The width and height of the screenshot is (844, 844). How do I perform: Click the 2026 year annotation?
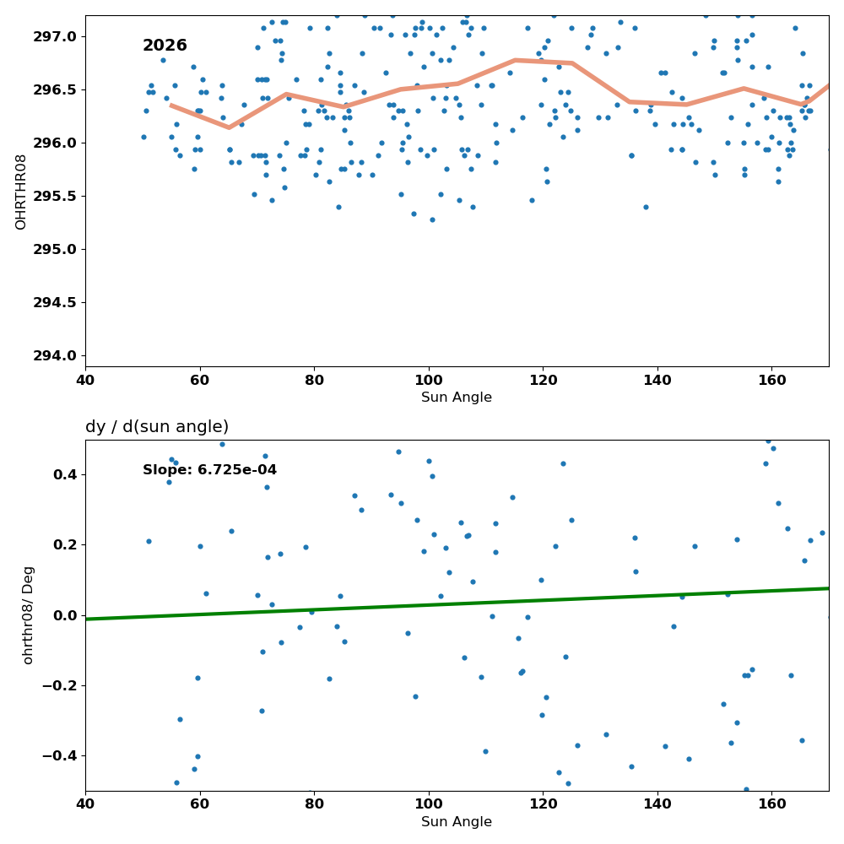point(165,46)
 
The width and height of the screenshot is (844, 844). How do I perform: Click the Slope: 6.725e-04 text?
point(209,470)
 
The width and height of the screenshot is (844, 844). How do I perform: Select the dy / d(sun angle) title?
point(157,427)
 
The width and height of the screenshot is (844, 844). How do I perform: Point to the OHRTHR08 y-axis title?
point(20,192)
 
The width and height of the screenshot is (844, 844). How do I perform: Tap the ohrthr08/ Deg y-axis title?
point(28,615)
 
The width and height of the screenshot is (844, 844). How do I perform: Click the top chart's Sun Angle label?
point(457,398)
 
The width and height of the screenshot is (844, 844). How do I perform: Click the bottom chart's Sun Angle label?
point(457,822)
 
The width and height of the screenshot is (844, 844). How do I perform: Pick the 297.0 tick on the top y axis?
point(55,36)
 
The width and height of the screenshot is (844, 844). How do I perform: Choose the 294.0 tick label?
point(55,356)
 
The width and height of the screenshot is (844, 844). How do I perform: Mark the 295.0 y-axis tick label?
point(55,249)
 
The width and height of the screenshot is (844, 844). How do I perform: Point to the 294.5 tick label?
point(55,302)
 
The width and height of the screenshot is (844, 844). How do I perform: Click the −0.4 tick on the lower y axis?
point(59,756)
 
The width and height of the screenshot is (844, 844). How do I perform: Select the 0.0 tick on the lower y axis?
point(66,616)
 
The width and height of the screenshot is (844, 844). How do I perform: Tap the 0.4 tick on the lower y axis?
point(66,474)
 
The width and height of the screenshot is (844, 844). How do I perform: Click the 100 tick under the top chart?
point(429,381)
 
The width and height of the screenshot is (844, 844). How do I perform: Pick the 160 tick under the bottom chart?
point(772,804)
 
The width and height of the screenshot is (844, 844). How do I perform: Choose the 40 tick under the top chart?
point(85,381)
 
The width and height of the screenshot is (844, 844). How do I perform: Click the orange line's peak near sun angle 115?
point(515,60)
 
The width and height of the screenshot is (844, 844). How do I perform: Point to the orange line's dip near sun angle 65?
point(229,127)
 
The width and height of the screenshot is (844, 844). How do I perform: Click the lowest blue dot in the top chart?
point(432,219)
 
